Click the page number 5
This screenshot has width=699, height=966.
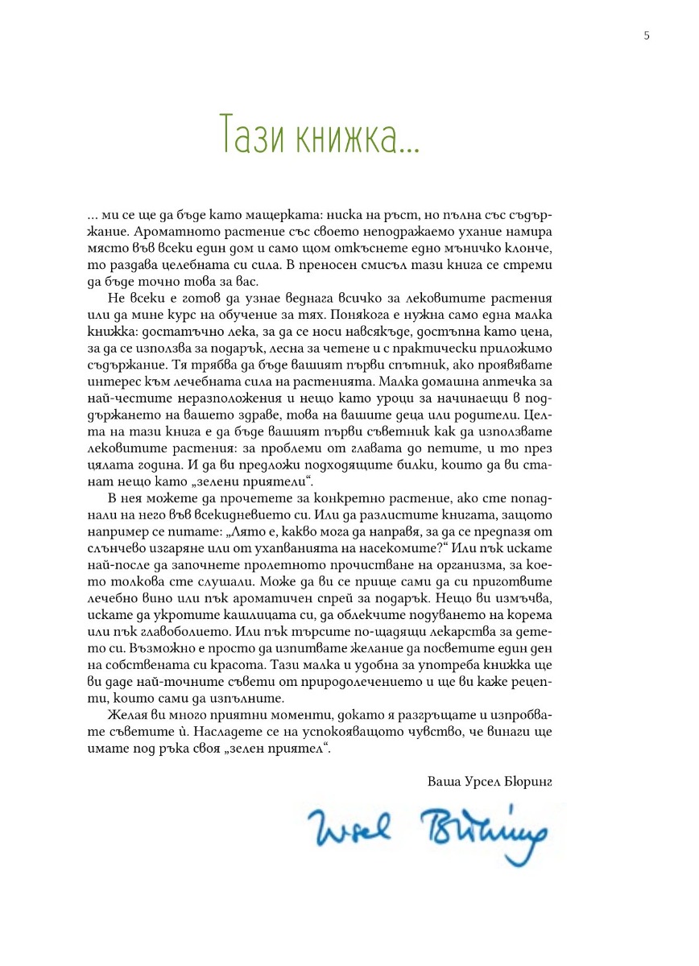(647, 35)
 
